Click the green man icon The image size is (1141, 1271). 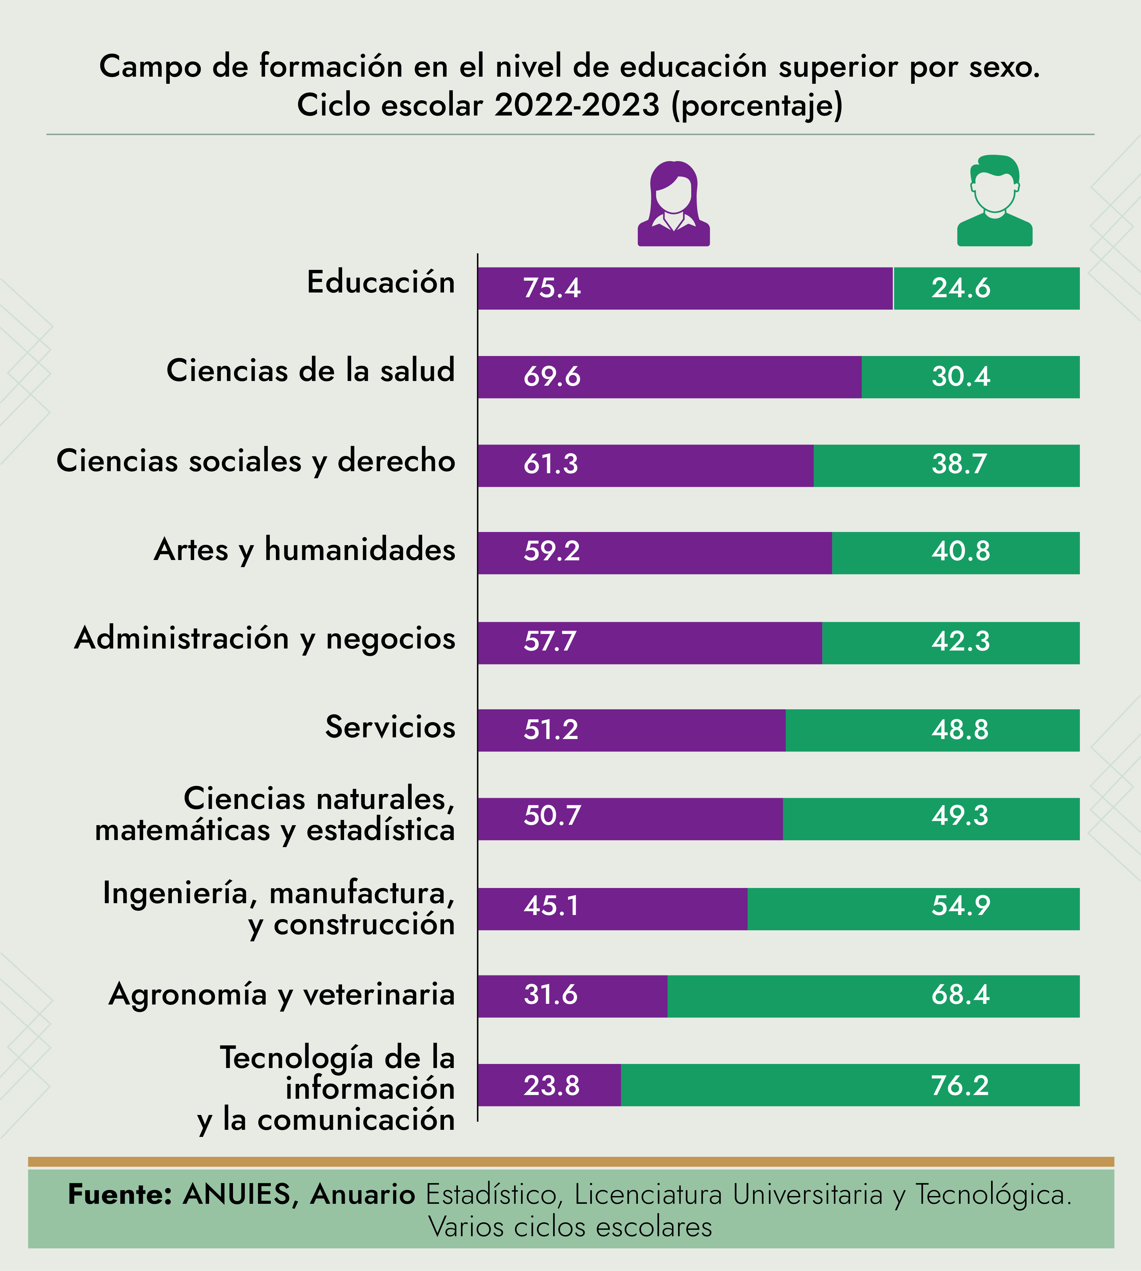(994, 201)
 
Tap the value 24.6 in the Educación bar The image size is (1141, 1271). (960, 288)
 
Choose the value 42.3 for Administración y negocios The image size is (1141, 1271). (960, 641)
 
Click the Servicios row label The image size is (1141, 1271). (390, 727)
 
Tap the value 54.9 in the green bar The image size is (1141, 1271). (960, 906)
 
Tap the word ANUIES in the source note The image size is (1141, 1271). (237, 1195)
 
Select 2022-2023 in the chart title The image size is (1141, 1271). (577, 105)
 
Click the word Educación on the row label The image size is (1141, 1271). (381, 282)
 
